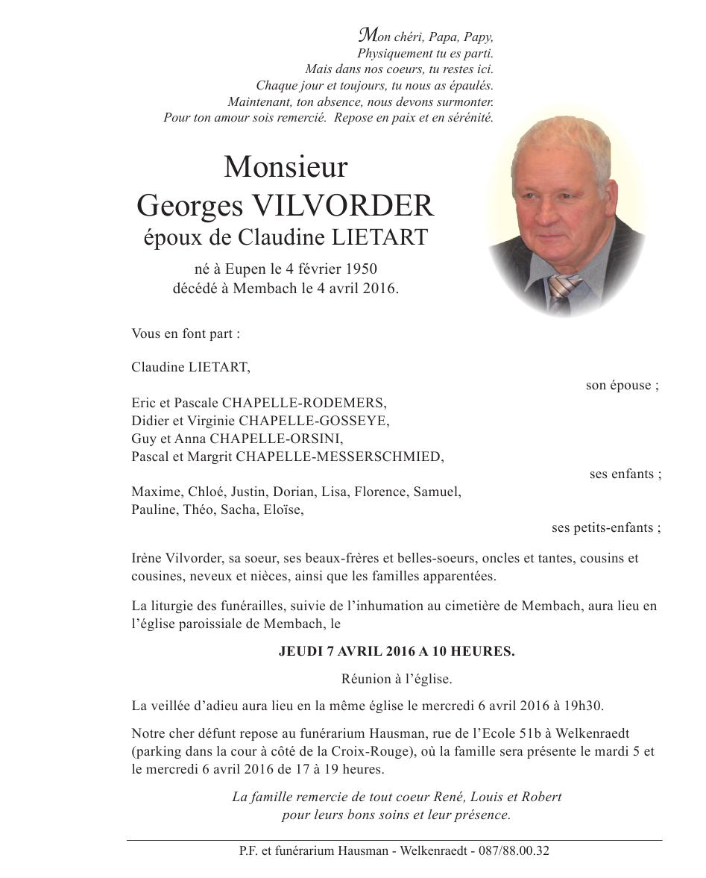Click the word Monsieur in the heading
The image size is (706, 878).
pyautogui.click(x=286, y=167)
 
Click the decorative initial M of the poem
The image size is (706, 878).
pyautogui.click(x=367, y=35)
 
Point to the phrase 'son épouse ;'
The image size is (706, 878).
pyautogui.click(x=622, y=386)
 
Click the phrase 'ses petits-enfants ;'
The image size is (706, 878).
pyautogui.click(x=606, y=528)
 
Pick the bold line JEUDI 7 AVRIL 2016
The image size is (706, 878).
pyautogui.click(x=396, y=651)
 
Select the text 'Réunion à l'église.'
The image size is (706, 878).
pyautogui.click(x=397, y=679)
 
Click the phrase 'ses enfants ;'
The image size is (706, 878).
pyautogui.click(x=625, y=474)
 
